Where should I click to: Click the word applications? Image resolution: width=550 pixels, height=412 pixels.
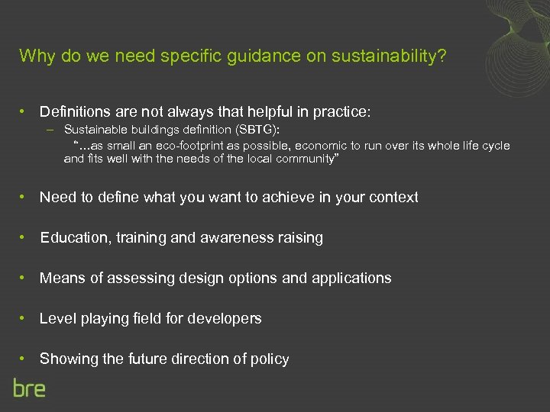coord(351,278)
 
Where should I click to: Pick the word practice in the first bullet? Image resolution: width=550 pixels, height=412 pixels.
coord(340,111)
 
